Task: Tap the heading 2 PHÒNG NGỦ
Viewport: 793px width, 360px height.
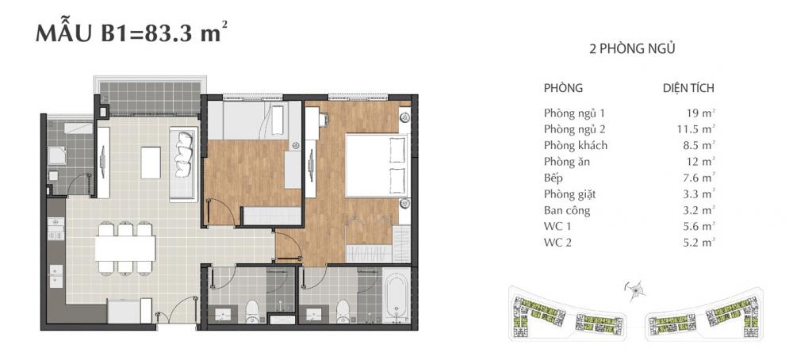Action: (632, 49)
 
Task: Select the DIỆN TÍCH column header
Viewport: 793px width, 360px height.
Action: (688, 88)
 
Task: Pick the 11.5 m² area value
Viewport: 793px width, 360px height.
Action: (696, 128)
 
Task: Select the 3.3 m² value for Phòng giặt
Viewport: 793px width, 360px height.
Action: (696, 194)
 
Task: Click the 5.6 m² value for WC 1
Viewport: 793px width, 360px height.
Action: (696, 228)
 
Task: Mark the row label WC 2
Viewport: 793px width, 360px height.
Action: (558, 243)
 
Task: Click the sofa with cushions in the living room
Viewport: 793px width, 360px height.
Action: (184, 162)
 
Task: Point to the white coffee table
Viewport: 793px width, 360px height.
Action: (150, 162)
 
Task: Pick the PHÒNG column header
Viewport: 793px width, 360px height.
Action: (564, 88)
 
